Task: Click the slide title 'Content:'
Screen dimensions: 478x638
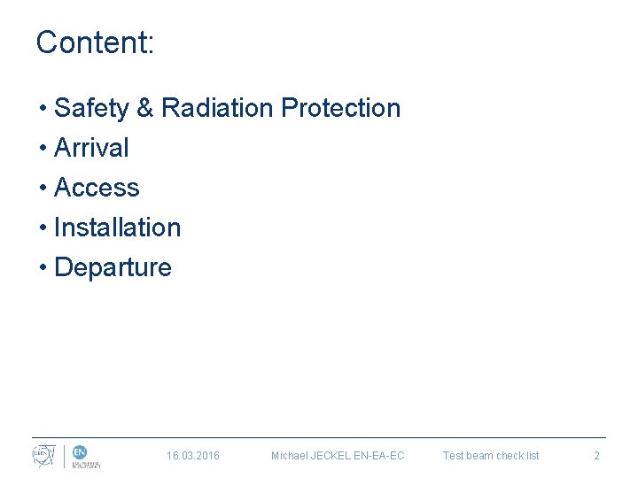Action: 95,42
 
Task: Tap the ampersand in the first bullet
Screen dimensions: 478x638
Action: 145,108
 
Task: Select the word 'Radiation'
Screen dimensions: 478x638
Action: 218,108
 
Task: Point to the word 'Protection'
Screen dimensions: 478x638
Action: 340,108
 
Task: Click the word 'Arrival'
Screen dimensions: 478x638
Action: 91,148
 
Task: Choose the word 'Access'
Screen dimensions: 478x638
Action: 97,188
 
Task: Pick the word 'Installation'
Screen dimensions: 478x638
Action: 117,227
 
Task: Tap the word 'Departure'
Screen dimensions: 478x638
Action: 113,267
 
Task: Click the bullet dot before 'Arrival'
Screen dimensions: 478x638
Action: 43,149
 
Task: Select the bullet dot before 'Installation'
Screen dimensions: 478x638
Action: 43,228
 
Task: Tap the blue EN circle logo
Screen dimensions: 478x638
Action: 79,452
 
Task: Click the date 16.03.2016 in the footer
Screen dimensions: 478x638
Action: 193,456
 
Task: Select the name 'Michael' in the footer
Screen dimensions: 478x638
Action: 290,456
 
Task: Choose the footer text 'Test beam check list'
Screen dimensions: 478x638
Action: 491,456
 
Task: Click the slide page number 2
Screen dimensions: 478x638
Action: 596,456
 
